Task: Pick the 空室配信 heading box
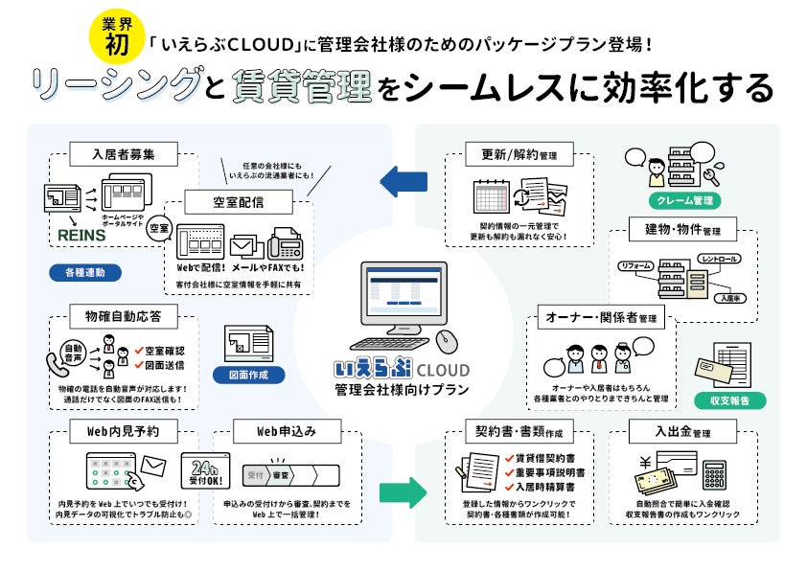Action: [238, 202]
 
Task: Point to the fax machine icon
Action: [286, 248]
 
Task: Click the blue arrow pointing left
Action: [403, 180]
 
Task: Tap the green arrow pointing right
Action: [403, 493]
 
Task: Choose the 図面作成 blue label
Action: [248, 376]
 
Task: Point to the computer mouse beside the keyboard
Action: [444, 341]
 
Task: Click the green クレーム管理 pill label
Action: [683, 201]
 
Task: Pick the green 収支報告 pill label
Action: [736, 400]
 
